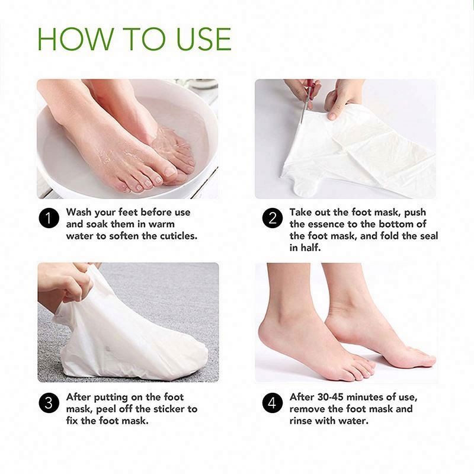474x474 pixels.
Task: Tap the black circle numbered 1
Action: click(x=49, y=218)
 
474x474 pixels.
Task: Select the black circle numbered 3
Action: click(x=49, y=403)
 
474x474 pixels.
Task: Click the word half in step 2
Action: click(x=313, y=247)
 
